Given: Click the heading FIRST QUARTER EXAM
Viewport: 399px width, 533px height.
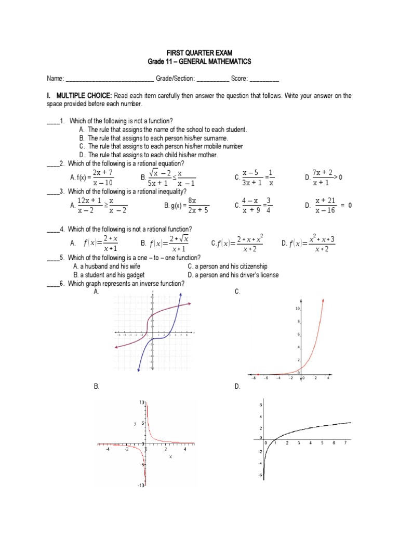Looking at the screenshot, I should pos(199,54).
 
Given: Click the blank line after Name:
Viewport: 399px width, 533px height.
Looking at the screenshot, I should pos(109,79).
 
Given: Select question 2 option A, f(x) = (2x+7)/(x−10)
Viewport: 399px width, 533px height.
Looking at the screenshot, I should pos(92,177).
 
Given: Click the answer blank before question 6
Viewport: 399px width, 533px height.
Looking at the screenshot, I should pos(52,284).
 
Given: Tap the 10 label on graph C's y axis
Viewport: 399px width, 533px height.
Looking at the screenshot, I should pos(297,309).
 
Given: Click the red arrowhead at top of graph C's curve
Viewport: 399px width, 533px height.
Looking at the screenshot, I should pos(324,300).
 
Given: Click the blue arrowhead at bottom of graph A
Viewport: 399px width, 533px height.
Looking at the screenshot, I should pos(138,370).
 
